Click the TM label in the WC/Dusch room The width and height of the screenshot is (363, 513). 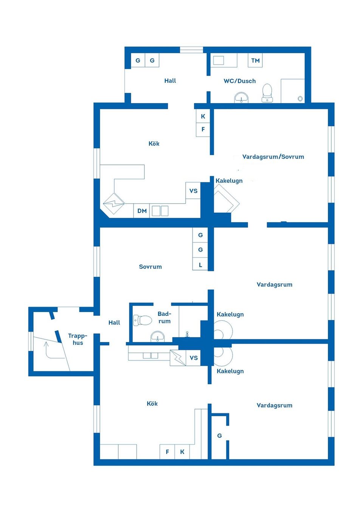(255, 60)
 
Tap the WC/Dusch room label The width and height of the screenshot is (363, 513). (239, 81)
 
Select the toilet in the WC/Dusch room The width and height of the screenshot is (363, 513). (267, 93)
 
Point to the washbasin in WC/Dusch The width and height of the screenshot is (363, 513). (241, 98)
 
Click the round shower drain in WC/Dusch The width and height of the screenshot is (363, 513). (300, 99)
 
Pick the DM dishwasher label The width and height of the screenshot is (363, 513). (142, 211)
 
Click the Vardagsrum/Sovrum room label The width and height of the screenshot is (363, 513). (273, 157)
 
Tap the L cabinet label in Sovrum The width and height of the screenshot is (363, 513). (200, 265)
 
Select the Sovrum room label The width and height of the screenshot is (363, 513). (150, 267)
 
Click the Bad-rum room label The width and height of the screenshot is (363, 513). (164, 317)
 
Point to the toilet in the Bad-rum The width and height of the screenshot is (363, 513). (143, 320)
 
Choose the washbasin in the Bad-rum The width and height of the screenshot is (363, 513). (157, 336)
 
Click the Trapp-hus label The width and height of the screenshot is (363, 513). (78, 339)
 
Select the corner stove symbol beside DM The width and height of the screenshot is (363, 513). (114, 204)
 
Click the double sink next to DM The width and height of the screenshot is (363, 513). (160, 211)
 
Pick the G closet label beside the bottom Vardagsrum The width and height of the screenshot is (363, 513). (219, 436)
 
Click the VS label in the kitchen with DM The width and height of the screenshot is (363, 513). (193, 191)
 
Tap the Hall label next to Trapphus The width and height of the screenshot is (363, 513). (114, 323)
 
